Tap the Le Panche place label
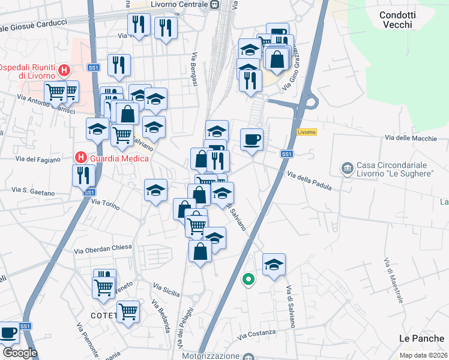(x=421, y=339)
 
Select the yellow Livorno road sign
(x=306, y=132)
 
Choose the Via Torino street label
(x=106, y=205)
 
